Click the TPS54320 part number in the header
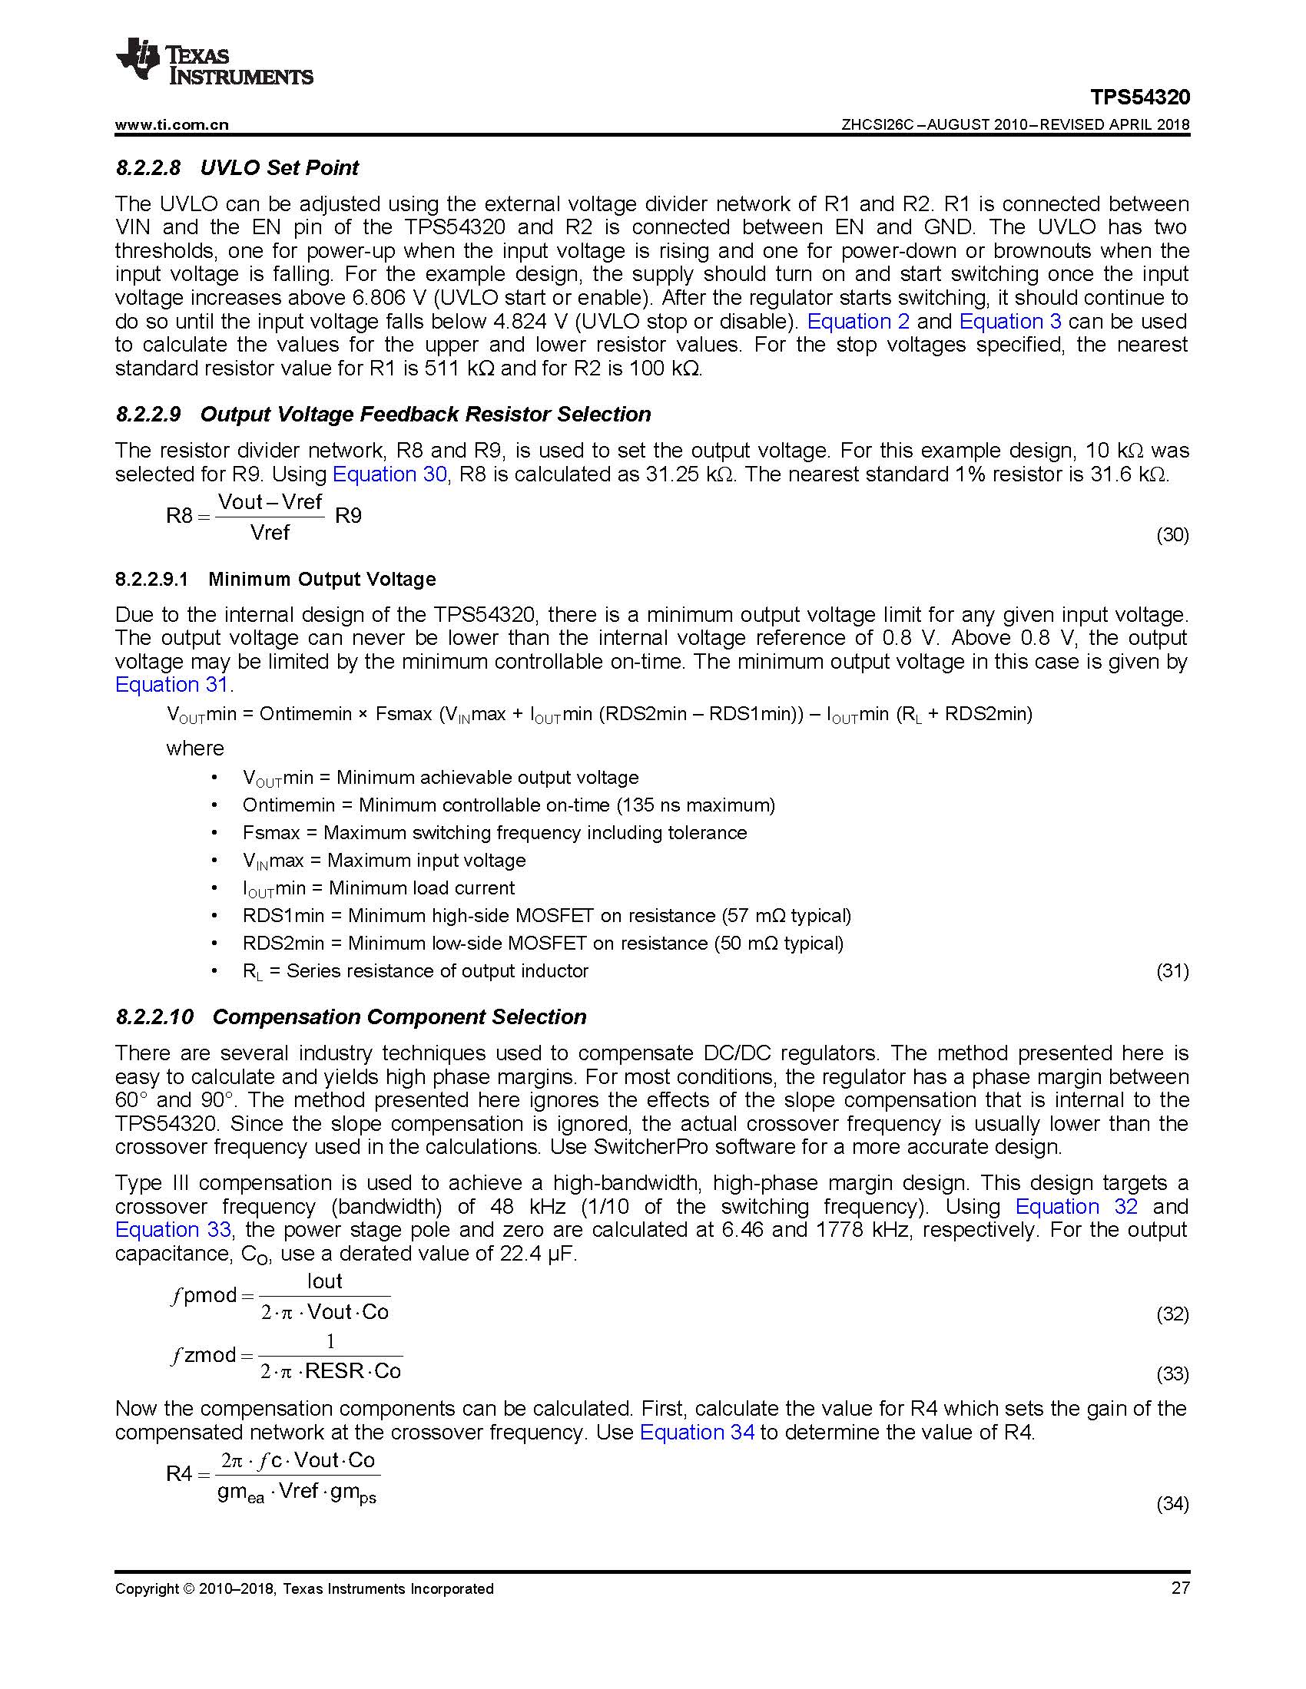click(1139, 98)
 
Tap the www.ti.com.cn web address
click(172, 125)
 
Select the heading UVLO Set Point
click(280, 168)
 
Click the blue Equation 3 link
click(1009, 322)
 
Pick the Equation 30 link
click(389, 474)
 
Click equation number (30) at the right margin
click(1172, 535)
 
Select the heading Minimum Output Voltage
click(322, 579)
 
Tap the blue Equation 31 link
click(171, 685)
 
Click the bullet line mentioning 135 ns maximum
click(509, 805)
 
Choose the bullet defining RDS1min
click(546, 916)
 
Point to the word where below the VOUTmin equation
click(195, 748)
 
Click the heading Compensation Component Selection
click(399, 1017)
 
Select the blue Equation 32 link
click(1076, 1207)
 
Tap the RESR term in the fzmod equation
click(334, 1371)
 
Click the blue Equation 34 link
click(696, 1433)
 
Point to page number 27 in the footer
click(1180, 1588)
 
